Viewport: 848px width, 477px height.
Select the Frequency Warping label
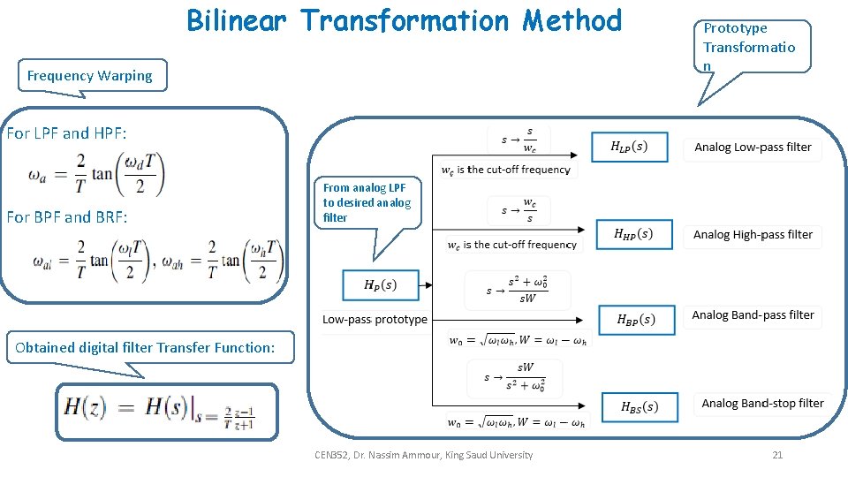coord(89,76)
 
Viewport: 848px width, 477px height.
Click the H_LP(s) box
coord(629,147)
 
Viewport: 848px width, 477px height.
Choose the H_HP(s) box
coord(633,234)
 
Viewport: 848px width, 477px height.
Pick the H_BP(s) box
coord(635,320)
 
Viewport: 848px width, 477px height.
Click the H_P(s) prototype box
coord(380,284)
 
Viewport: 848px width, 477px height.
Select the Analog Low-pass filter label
coord(753,148)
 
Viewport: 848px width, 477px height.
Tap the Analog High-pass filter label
coord(753,235)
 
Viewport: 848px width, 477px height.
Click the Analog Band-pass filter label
coord(753,315)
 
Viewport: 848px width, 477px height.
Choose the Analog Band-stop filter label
coord(762,404)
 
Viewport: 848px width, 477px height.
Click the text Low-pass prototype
coord(375,320)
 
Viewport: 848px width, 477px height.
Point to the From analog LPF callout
coord(367,203)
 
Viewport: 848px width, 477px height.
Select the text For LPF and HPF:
coord(66,133)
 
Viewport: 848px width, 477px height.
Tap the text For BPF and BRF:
coord(66,217)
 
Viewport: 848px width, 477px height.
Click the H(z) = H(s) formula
coord(166,411)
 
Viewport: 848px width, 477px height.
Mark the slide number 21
coord(777,455)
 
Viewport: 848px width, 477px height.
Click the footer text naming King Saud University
coord(423,455)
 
